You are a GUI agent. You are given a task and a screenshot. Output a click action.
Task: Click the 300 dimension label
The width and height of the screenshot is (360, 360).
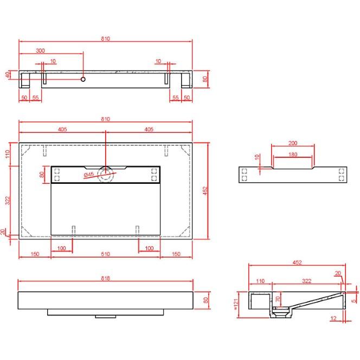(41, 50)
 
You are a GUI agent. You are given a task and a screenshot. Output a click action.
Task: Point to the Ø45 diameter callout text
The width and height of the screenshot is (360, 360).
(89, 175)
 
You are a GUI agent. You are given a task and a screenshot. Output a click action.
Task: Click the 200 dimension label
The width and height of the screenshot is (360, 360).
(293, 143)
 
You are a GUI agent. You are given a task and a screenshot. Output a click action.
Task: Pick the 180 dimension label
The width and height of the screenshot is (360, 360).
(293, 155)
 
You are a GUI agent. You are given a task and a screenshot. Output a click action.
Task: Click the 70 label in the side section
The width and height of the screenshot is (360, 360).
(278, 299)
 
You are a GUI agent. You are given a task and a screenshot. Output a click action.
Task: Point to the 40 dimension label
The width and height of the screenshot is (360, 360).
(8, 75)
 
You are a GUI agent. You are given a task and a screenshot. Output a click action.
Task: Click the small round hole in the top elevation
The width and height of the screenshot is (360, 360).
(83, 79)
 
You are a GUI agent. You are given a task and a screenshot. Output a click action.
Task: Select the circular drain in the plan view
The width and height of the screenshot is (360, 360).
(106, 175)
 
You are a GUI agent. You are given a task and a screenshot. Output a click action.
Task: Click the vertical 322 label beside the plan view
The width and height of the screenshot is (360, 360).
(8, 200)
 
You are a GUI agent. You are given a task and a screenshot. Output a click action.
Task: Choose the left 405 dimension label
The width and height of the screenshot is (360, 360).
(62, 130)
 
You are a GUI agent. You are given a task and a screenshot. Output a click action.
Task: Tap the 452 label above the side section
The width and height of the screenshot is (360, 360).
(297, 263)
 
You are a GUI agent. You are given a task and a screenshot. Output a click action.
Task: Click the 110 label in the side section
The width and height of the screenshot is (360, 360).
(260, 281)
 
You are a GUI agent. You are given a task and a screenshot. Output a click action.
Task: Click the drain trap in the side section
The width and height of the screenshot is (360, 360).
(281, 311)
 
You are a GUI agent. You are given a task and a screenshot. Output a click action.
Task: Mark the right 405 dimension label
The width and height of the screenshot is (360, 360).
(149, 130)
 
